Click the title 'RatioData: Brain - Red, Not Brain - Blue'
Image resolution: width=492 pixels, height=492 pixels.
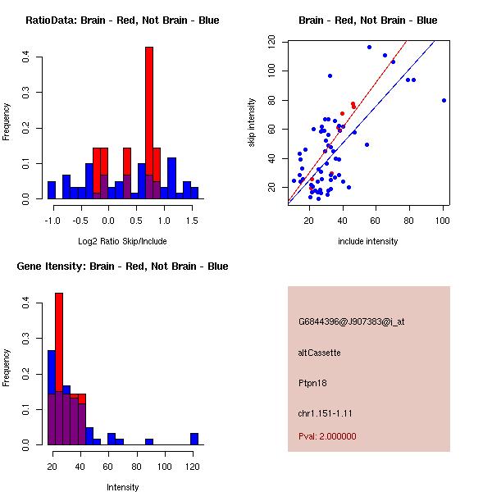pyautogui.click(x=122, y=20)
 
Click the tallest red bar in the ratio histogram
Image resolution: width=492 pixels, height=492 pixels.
pyautogui.click(x=149, y=123)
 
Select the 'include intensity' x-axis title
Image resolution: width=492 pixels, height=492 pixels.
pyautogui.click(x=367, y=241)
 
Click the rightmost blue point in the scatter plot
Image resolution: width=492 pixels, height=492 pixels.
pyautogui.click(x=444, y=100)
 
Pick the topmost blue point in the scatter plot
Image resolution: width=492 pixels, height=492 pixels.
pyautogui.click(x=369, y=47)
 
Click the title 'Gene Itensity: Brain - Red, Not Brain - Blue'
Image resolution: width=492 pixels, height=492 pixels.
pyautogui.click(x=122, y=266)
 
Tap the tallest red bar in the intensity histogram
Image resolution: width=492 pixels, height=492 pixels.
pyautogui.click(x=59, y=368)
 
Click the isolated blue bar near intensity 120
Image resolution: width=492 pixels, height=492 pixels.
pyautogui.click(x=194, y=439)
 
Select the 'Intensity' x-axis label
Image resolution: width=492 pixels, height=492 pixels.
pyautogui.click(x=122, y=487)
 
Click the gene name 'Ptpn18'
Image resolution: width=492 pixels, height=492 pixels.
pyautogui.click(x=312, y=382)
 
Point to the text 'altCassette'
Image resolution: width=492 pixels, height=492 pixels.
pyautogui.click(x=320, y=353)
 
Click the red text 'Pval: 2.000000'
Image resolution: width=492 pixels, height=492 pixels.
pyautogui.click(x=327, y=436)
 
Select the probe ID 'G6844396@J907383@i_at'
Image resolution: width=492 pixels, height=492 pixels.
pyautogui.click(x=352, y=321)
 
